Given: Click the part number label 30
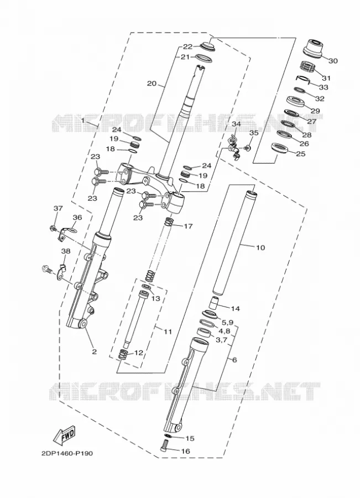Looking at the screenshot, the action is (x=333, y=60).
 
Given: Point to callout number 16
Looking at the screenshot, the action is (x=185, y=452).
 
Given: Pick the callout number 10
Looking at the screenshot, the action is (x=260, y=247).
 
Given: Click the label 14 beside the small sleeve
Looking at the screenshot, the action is (x=235, y=308).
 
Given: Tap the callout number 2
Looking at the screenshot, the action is (x=94, y=351).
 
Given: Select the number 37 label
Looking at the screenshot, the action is (x=58, y=209).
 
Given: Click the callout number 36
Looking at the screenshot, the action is (x=77, y=217).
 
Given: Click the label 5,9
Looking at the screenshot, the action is (x=228, y=323).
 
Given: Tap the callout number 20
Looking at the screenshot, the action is (x=152, y=84).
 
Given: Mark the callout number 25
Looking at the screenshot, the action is (x=301, y=154).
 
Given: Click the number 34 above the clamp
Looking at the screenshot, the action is (x=236, y=124).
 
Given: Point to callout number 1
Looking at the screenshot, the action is (x=83, y=121).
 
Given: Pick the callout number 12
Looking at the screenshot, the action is (x=139, y=352).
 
